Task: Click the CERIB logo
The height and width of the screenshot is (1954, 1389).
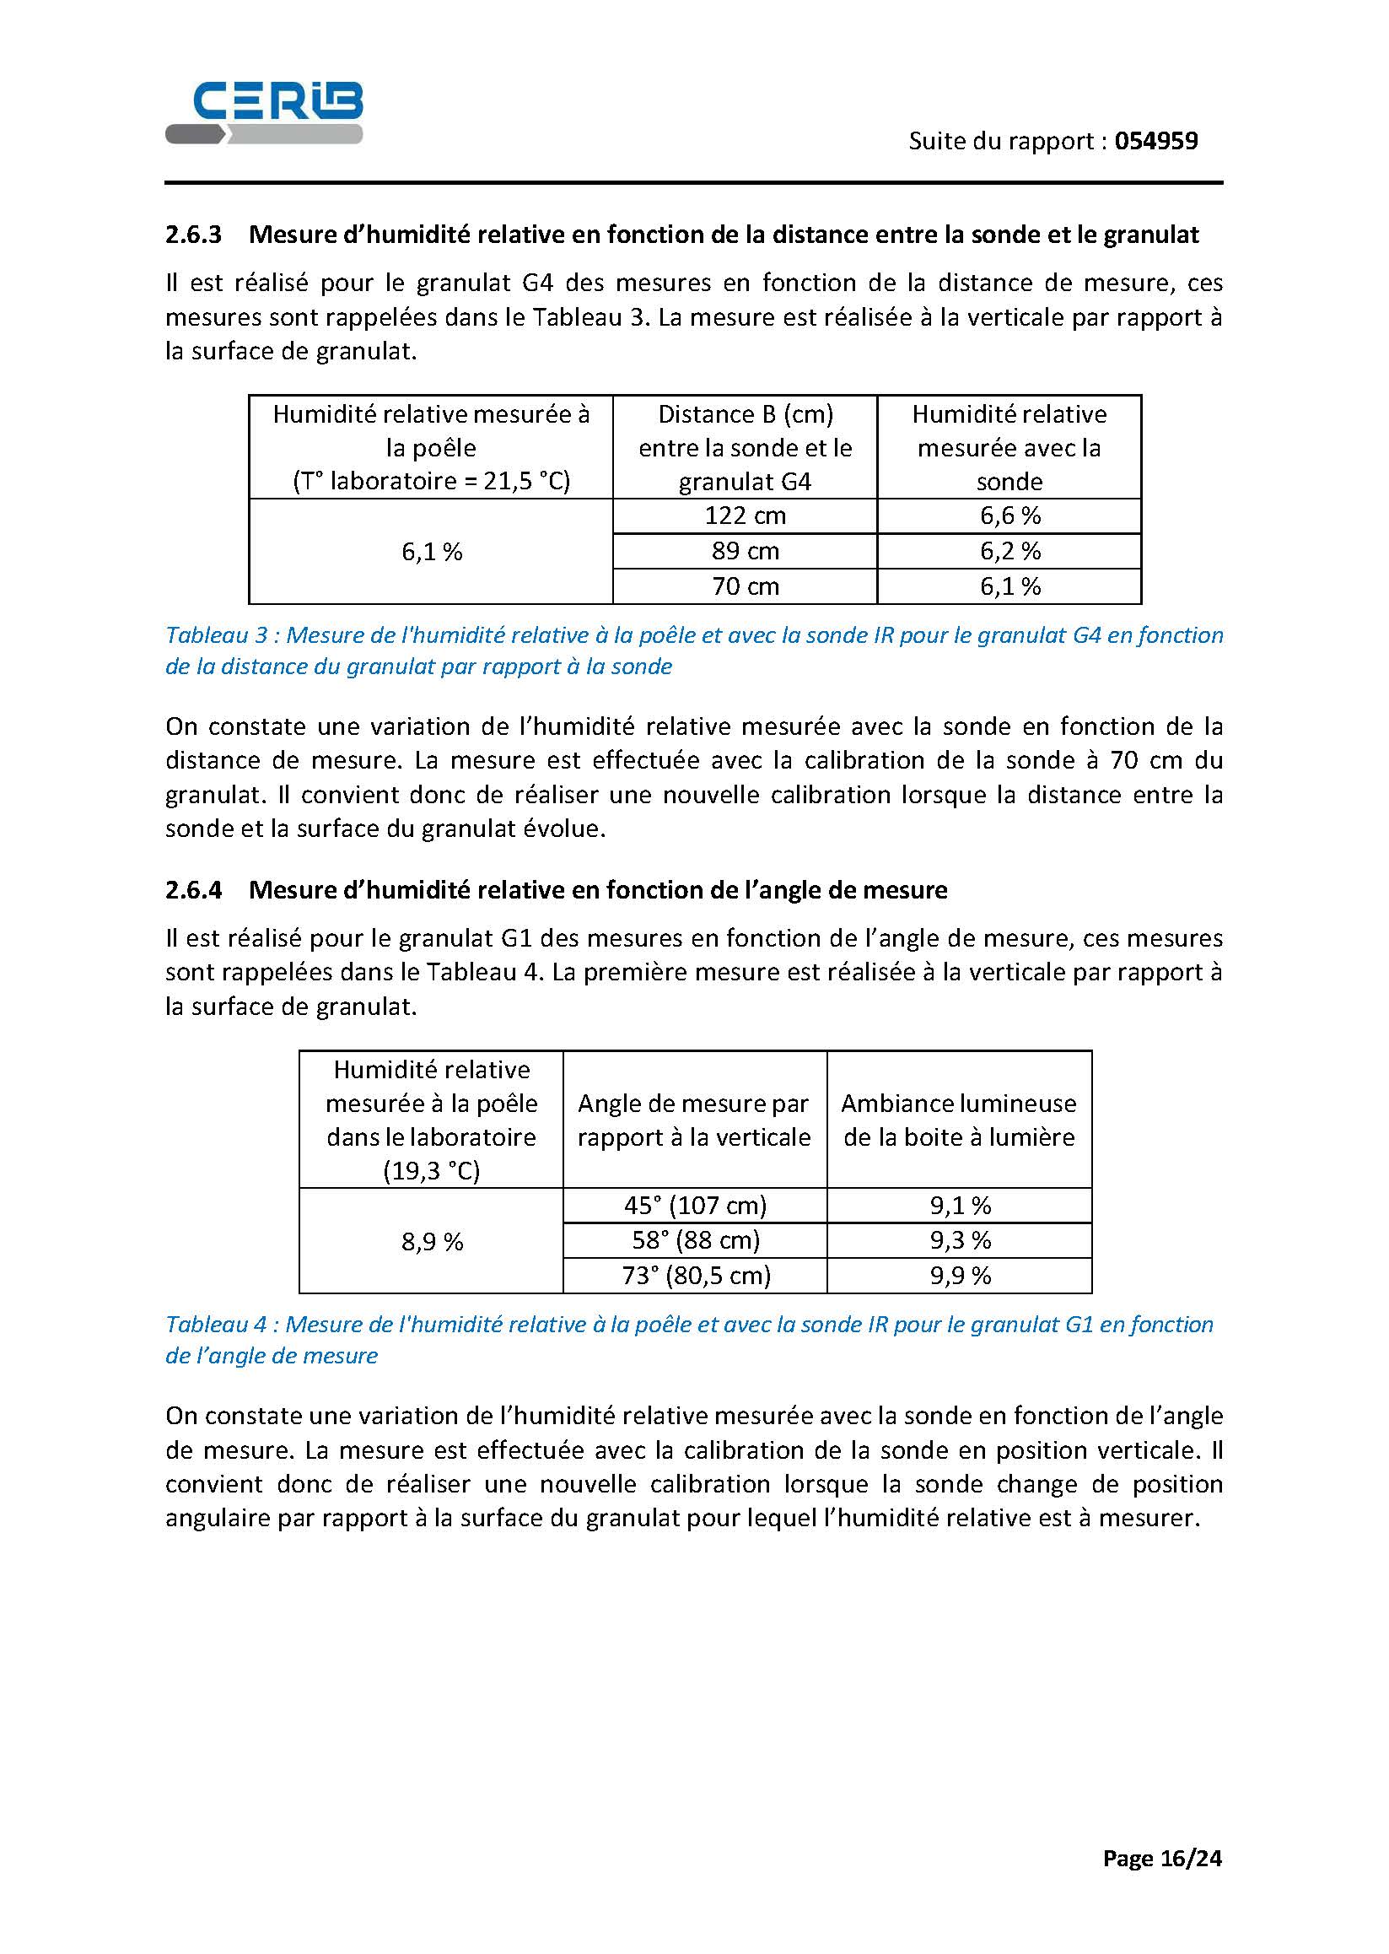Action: [264, 112]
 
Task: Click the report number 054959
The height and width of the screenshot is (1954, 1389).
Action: [1155, 141]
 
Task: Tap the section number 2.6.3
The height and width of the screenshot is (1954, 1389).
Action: [193, 235]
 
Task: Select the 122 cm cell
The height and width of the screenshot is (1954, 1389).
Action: [745, 515]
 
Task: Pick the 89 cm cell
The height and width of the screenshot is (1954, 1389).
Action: [745, 551]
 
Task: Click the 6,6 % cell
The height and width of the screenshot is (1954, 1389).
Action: [1010, 515]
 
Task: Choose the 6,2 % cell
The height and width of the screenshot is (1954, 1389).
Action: [1010, 551]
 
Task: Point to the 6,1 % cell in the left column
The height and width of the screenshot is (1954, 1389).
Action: [432, 552]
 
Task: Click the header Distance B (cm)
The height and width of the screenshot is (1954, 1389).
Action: [745, 415]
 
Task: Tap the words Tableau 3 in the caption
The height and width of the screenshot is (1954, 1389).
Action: [217, 635]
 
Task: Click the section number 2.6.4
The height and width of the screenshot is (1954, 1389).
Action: [193, 890]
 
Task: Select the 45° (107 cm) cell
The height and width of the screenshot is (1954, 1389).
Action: [695, 1206]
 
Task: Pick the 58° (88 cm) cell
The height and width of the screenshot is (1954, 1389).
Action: [695, 1240]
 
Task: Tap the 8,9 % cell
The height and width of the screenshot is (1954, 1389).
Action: [432, 1241]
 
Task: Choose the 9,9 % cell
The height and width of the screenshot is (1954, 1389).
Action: [960, 1276]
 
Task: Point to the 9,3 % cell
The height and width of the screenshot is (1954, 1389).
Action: [960, 1240]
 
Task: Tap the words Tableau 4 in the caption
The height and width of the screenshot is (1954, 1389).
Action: [217, 1325]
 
